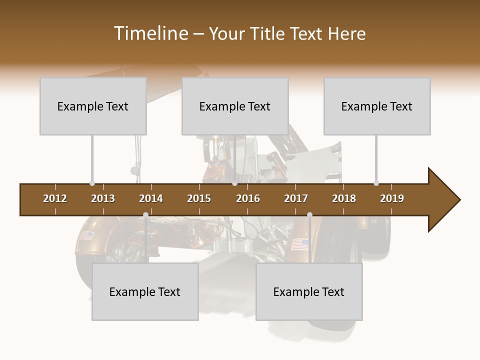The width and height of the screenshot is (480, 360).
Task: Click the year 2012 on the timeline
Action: coord(55,198)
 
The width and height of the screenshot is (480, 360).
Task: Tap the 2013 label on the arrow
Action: coord(103,198)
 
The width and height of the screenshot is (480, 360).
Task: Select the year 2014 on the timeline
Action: coord(151,198)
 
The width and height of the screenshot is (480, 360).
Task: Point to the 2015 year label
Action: coord(199,198)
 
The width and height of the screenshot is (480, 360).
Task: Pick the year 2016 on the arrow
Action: coord(248,198)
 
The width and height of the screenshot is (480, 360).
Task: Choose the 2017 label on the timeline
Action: coord(296,198)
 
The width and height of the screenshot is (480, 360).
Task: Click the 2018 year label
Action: coord(344,198)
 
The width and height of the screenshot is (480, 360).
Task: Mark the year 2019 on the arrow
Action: coord(392,198)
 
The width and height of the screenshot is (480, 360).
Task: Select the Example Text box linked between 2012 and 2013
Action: coord(93,106)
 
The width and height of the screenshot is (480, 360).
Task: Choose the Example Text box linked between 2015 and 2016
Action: coord(235,106)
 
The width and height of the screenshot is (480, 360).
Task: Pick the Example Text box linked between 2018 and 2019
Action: coord(377,106)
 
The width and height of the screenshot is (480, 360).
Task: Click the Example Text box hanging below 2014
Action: coord(145,291)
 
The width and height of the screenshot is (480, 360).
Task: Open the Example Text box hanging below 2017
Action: coord(309,291)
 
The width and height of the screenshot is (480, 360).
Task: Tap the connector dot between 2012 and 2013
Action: coord(92,183)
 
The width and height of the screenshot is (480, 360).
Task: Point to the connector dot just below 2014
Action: coord(145,214)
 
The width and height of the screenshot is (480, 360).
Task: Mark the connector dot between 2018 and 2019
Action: coord(376,183)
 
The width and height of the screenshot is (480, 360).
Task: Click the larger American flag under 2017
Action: coord(300,244)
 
